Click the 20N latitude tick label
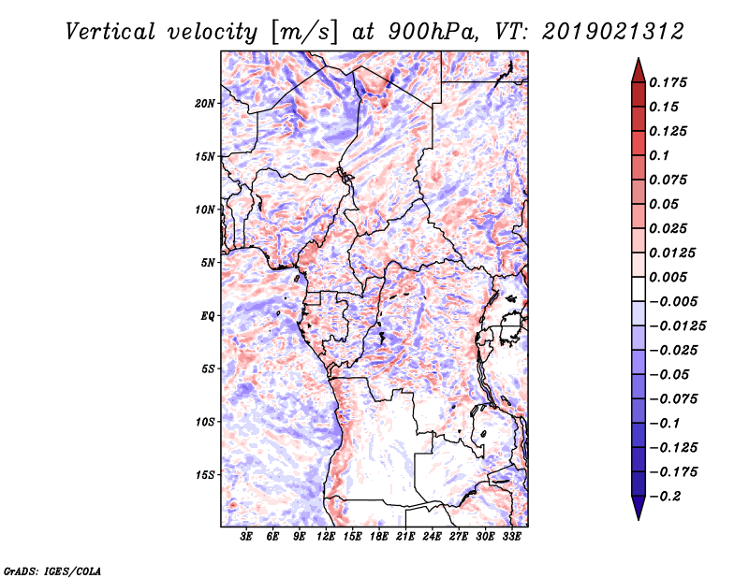(205, 103)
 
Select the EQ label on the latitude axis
(207, 316)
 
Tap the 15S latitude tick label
(205, 475)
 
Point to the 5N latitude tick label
(207, 263)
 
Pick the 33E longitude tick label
(511, 537)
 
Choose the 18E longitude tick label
(378, 537)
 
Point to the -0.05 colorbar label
(669, 374)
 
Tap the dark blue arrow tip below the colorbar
(638, 513)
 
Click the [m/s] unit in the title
(299, 33)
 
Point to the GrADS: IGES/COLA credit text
(51, 570)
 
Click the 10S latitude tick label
(205, 422)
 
